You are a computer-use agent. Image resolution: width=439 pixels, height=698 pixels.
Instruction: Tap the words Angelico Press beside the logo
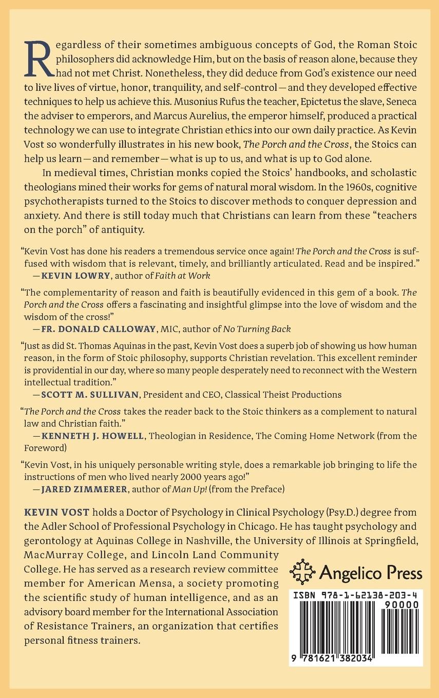pyautogui.click(x=372, y=573)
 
